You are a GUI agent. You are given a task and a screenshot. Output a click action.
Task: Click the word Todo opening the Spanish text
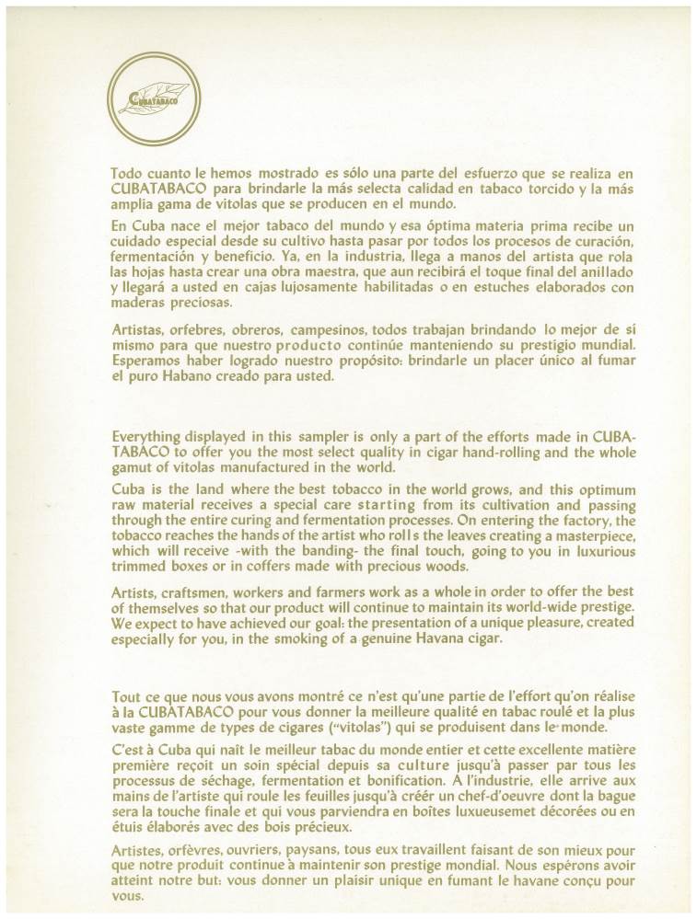pos(124,172)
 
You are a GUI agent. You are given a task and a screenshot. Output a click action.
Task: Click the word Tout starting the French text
pos(126,696)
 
